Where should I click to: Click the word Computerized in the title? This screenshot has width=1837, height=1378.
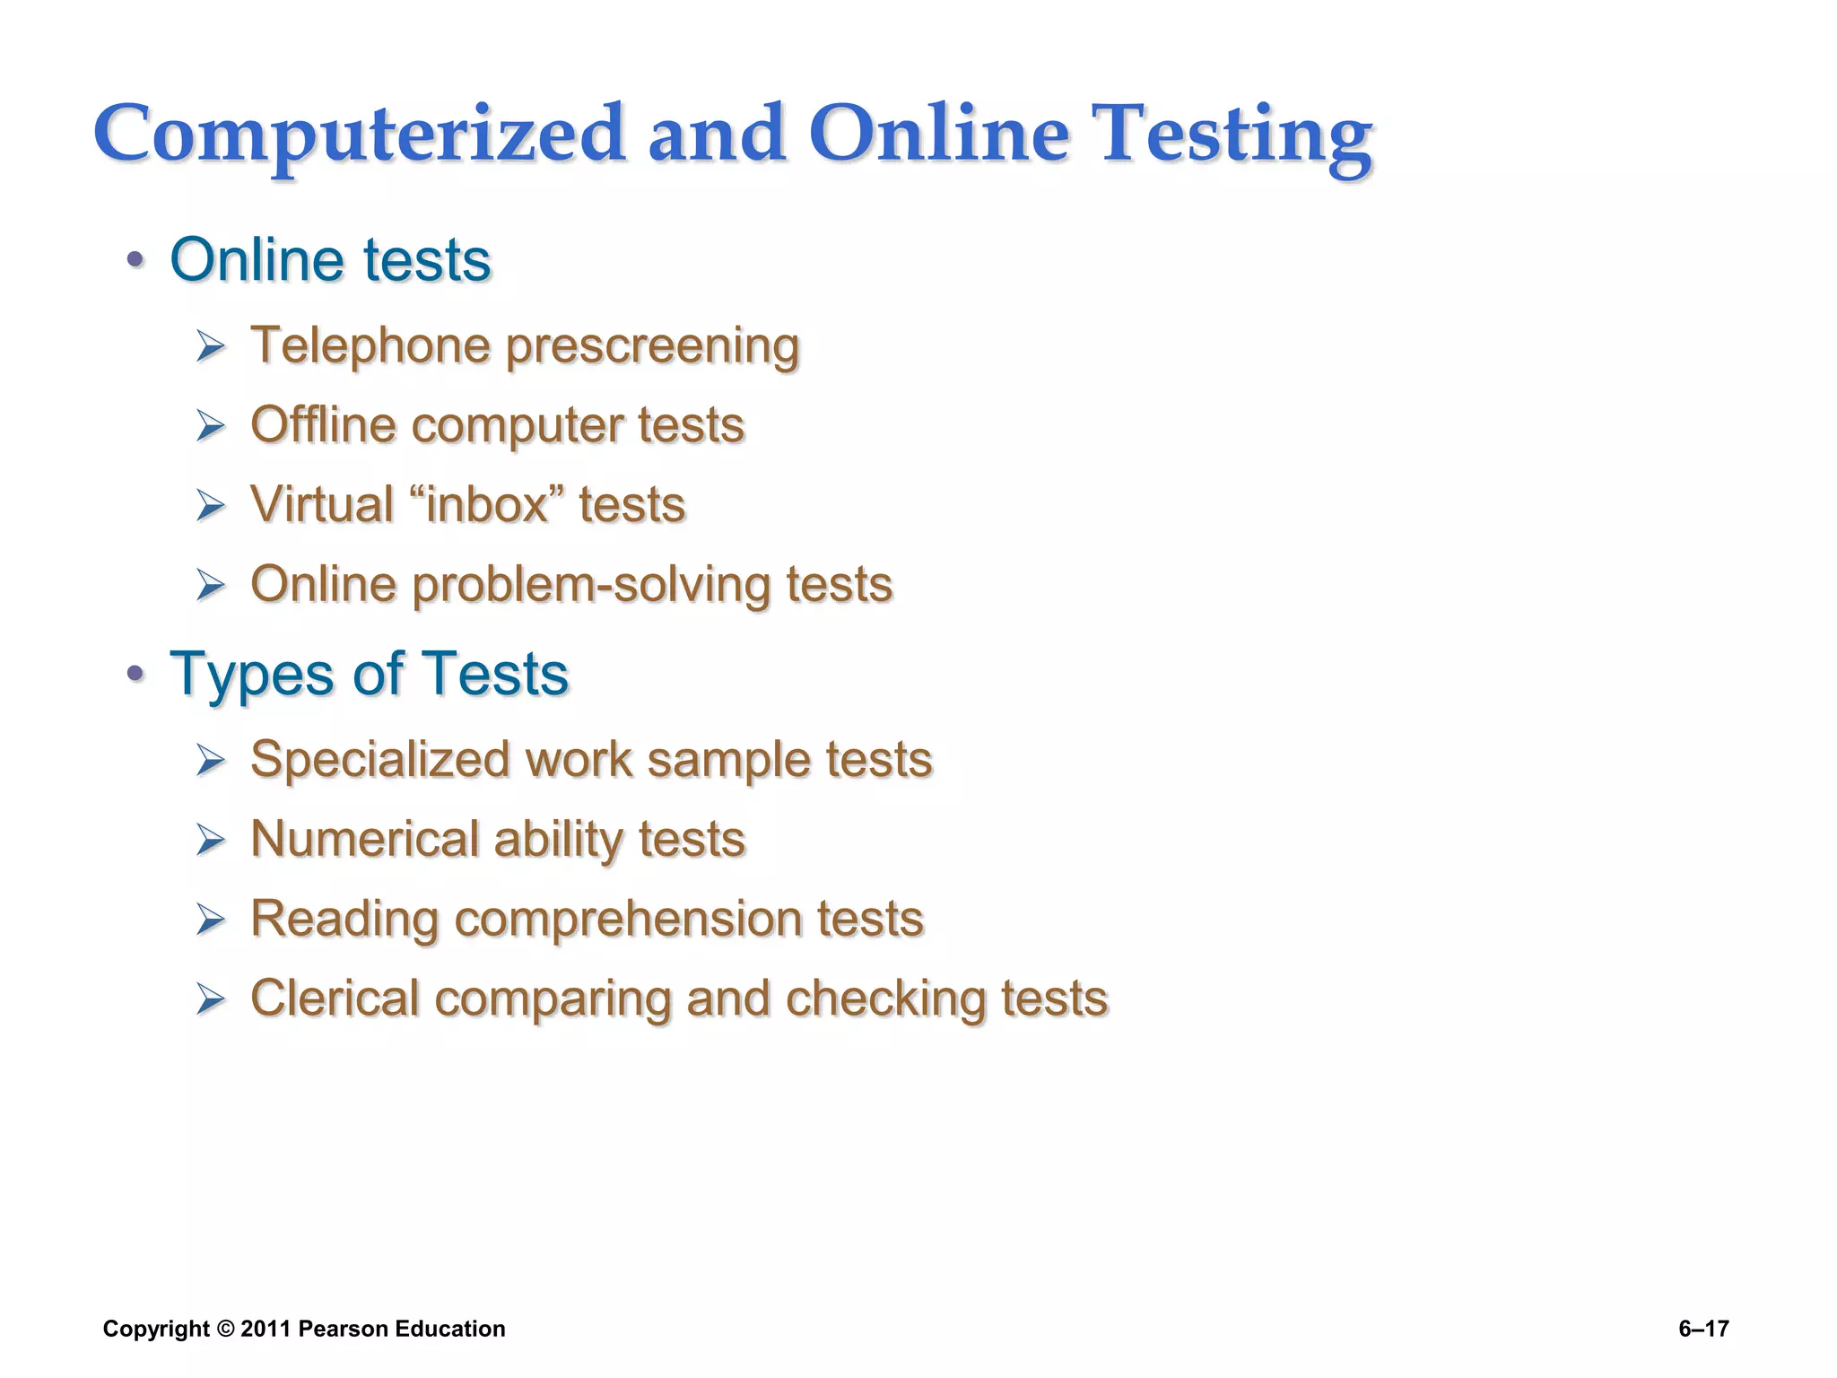[x=359, y=135]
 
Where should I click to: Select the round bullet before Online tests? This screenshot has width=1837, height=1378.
[x=135, y=261]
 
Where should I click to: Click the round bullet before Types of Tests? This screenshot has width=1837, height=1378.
[x=135, y=674]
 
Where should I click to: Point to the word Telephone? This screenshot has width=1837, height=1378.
[x=370, y=345]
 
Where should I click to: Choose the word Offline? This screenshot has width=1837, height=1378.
[x=323, y=424]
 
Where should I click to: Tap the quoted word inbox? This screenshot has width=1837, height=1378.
[x=487, y=504]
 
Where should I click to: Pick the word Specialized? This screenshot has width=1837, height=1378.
[x=380, y=760]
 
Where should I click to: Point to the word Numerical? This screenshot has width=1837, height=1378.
[x=364, y=839]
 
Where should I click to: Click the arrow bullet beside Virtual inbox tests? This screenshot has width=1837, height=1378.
[x=211, y=506]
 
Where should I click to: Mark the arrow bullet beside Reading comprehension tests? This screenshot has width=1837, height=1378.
[x=211, y=920]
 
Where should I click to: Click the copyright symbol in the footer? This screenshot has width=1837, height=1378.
[x=225, y=1329]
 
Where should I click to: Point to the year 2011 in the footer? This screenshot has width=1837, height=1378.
[x=265, y=1329]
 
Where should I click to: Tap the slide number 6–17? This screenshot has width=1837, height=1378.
[x=1703, y=1329]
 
